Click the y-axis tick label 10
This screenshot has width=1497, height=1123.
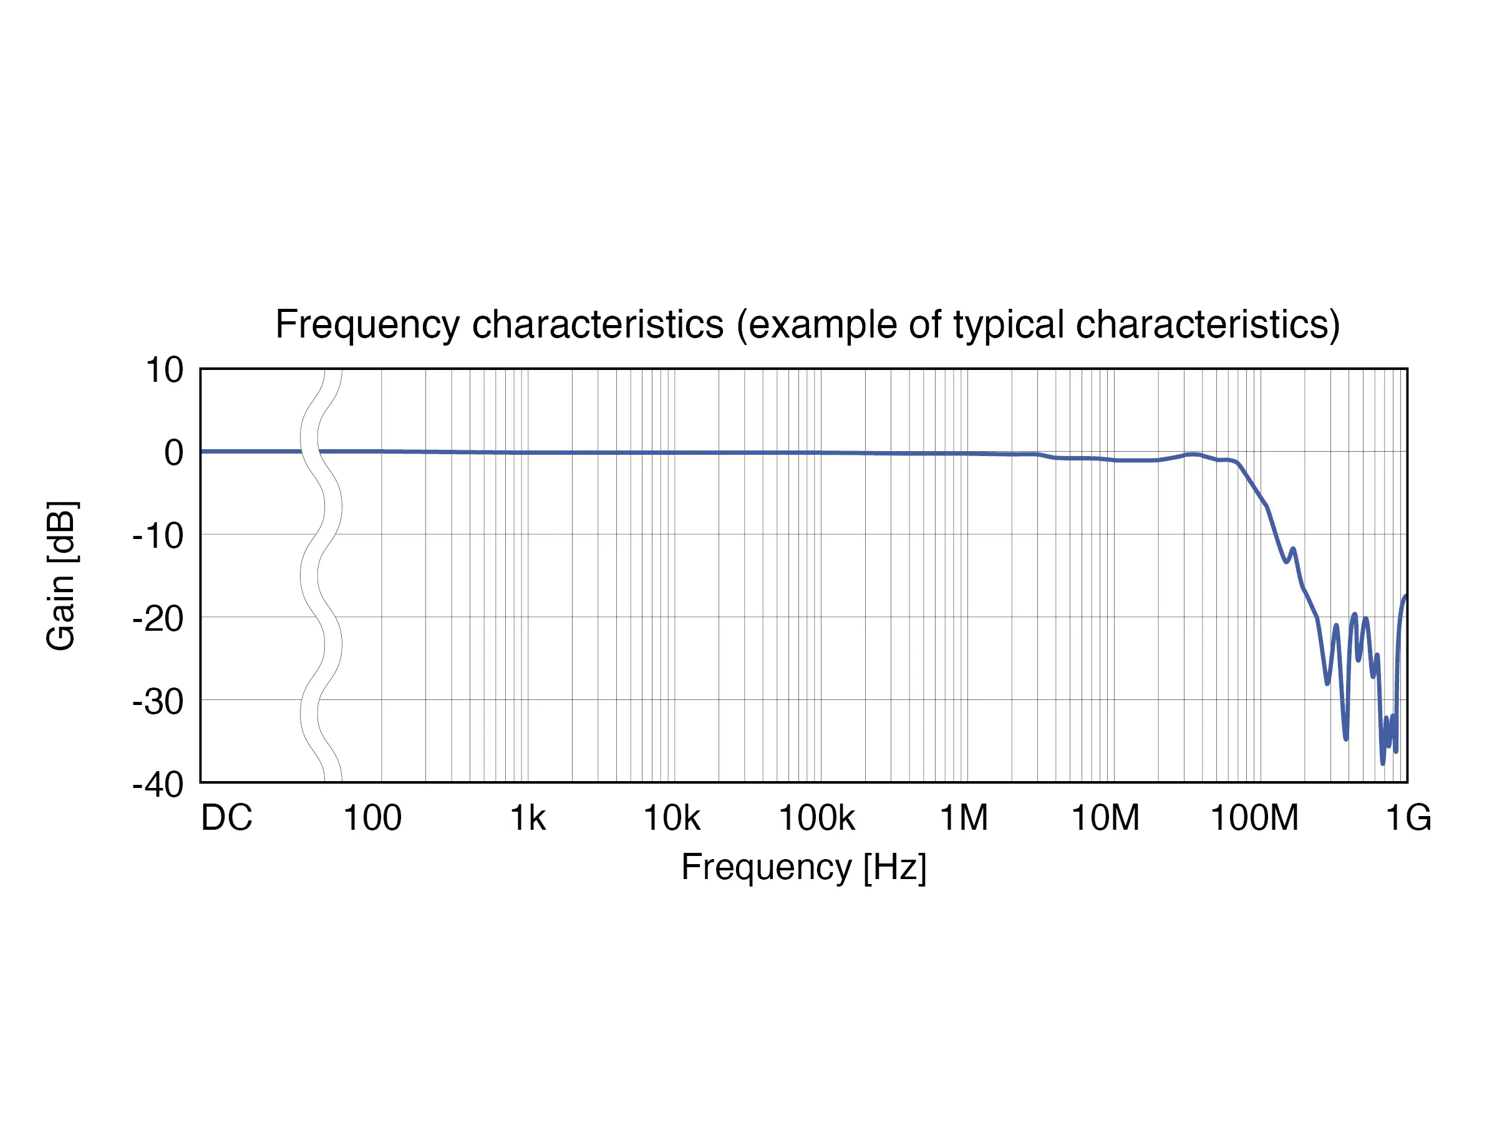[x=165, y=370]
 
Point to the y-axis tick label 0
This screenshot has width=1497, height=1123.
[x=173, y=453]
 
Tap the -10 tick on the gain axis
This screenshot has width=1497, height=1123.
[x=158, y=536]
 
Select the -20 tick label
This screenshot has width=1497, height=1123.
[x=158, y=619]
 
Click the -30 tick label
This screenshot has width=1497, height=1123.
[x=158, y=702]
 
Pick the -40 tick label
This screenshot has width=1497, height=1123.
[x=158, y=785]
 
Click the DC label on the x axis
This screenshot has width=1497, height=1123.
[x=226, y=818]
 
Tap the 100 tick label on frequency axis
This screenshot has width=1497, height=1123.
[x=372, y=818]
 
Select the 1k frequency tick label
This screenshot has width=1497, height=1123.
[x=528, y=818]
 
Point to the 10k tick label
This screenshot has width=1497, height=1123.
[x=671, y=818]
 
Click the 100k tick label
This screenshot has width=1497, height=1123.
[x=817, y=818]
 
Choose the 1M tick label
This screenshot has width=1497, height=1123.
[x=964, y=818]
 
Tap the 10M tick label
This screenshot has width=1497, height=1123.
[x=1105, y=818]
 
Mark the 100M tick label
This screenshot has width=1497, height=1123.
[x=1254, y=818]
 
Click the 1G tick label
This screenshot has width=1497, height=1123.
[x=1408, y=818]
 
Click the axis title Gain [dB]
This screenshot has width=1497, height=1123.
[x=62, y=576]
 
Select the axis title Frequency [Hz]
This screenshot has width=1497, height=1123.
[x=803, y=867]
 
